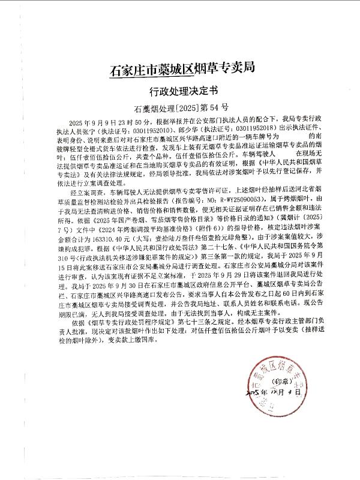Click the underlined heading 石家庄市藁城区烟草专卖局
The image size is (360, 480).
179,68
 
